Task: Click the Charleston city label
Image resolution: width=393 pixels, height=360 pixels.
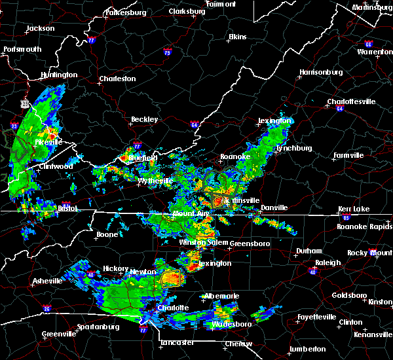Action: (117, 79)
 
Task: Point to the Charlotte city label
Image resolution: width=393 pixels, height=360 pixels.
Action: (173, 308)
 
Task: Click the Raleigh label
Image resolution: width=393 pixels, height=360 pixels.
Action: (328, 263)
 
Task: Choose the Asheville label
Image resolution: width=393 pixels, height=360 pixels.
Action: (48, 283)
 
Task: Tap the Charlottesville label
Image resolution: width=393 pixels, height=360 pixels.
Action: (351, 102)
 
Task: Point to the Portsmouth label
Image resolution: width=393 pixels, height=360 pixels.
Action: (22, 50)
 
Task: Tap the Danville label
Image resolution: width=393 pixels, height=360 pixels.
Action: (274, 208)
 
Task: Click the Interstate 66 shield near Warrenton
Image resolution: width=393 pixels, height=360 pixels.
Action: (369, 45)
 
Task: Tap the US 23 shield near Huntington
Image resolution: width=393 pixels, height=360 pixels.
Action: (24, 103)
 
